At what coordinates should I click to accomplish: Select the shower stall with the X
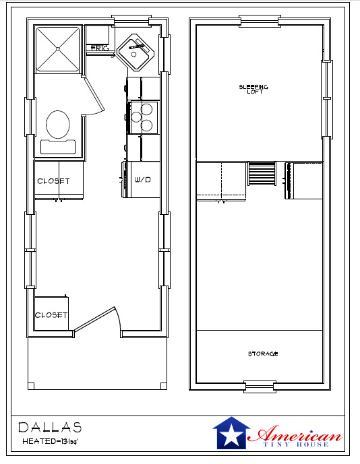tap(58, 48)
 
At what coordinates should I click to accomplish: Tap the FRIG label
tap(100, 48)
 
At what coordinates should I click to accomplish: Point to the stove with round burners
tap(144, 117)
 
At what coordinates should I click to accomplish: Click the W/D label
tap(143, 180)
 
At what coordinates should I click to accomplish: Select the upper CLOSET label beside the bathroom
tap(53, 181)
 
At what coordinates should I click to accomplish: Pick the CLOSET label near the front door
tap(52, 315)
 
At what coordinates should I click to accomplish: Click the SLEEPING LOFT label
tap(253, 89)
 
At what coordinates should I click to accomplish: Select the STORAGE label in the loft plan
tap(262, 354)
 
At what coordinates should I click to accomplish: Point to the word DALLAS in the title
tap(50, 427)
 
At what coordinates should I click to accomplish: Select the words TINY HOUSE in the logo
tap(294, 444)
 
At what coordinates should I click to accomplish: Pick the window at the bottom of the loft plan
tap(260, 387)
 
